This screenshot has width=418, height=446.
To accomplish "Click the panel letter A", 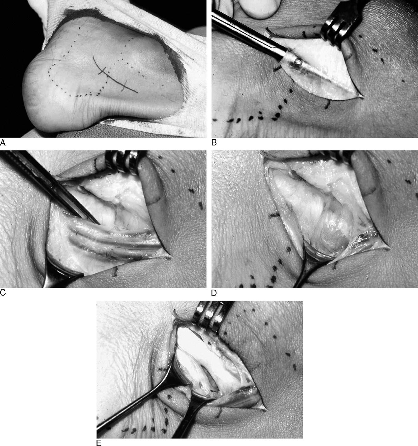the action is (x=3, y=142).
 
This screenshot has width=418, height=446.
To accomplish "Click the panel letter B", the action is (x=214, y=142).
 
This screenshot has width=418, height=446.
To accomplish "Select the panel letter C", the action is (x=3, y=293).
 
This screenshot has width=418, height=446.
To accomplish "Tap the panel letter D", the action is (x=214, y=293).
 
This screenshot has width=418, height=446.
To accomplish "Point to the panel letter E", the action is (x=99, y=443).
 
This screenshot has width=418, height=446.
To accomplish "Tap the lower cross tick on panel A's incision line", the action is (x=125, y=85).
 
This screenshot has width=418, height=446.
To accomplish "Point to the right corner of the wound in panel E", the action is (x=266, y=410).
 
